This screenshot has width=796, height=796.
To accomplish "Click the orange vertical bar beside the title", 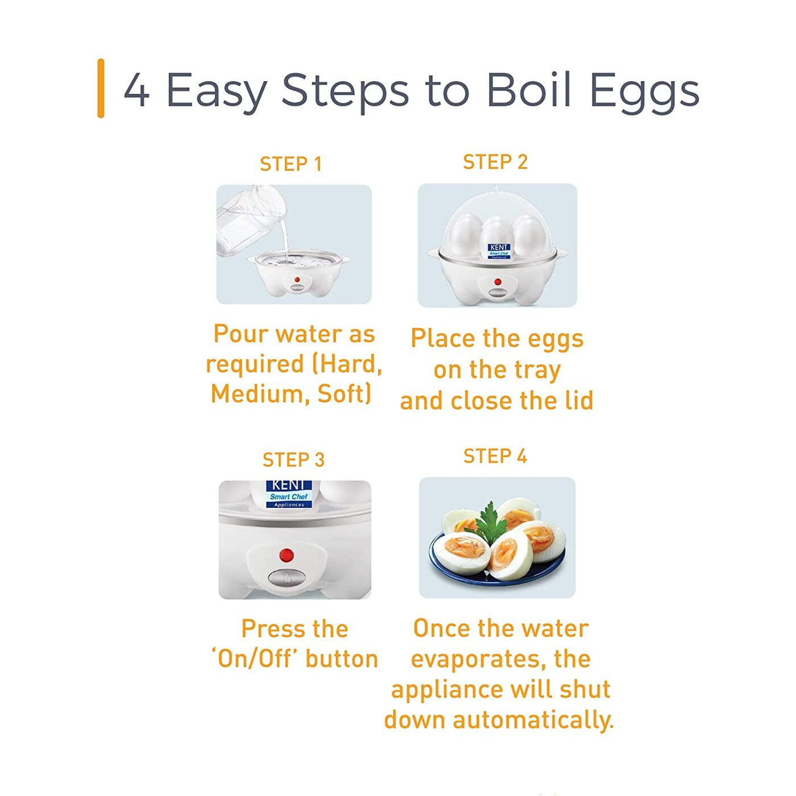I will pos(101,88).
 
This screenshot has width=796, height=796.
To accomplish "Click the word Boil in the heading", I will pos(529,90).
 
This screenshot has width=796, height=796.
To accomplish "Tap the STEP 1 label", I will pos(291,164).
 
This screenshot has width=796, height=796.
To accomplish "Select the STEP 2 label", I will pos(495,162).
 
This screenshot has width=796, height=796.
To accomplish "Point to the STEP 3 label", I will pos(293,459).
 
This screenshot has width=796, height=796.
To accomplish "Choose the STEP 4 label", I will pos(495,456).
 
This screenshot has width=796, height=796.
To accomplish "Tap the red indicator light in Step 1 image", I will pos(296,279).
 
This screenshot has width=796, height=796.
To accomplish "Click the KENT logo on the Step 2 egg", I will pos(499,248).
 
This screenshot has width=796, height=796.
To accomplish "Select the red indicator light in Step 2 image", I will pos(498,281).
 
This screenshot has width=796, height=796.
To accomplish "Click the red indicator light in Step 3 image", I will pos(287,554).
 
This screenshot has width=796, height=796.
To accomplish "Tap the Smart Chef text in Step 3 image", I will pos(289,496).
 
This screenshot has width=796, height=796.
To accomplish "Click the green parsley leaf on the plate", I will pos(489,520).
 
